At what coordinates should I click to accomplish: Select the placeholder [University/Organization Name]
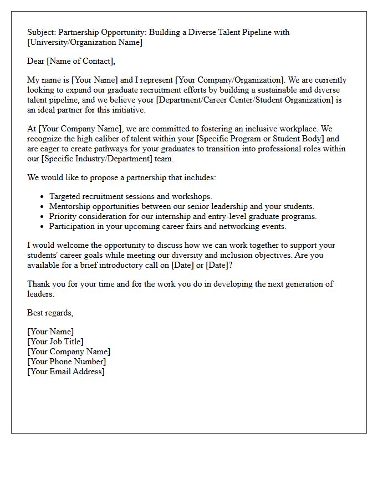[85, 42]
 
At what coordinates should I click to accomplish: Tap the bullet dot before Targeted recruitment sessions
[43, 197]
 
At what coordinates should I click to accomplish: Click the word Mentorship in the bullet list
[69, 206]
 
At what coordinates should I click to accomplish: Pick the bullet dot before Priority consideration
[43, 217]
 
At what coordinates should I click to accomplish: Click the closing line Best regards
[50, 313]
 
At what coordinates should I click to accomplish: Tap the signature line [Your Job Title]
[55, 342]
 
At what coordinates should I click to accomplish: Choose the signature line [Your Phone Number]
[67, 361]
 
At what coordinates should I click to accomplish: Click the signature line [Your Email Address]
[65, 371]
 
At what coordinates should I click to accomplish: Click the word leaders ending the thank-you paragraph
[40, 294]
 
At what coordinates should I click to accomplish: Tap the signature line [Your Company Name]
[69, 352]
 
